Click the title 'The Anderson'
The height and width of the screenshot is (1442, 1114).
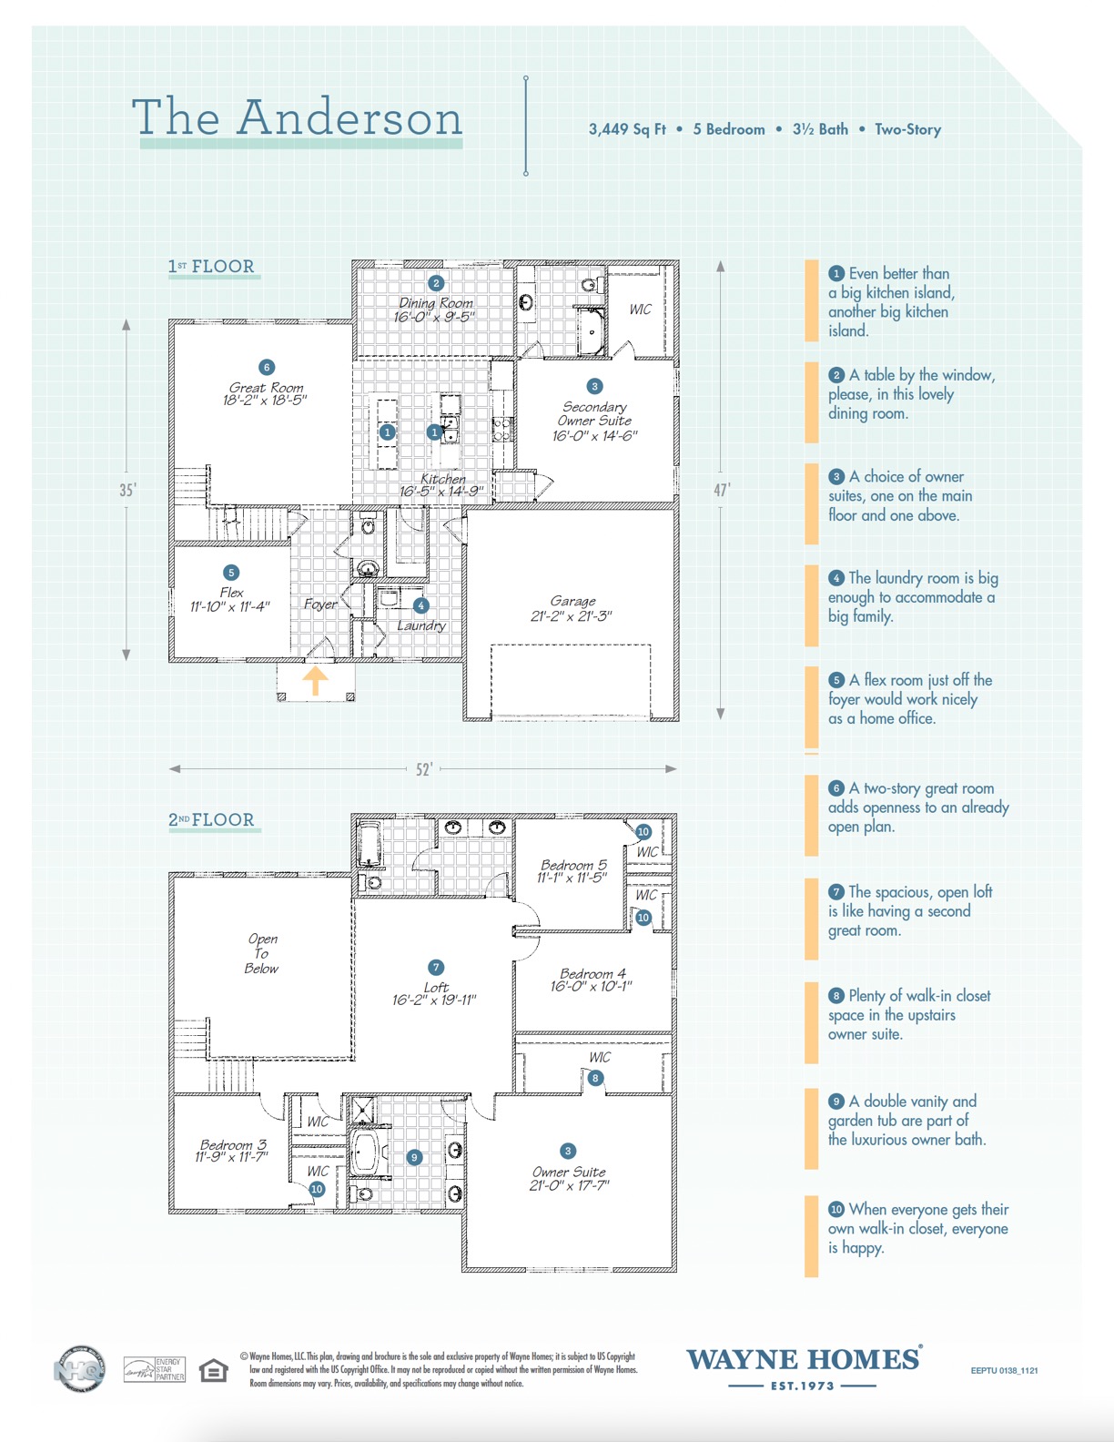point(298,118)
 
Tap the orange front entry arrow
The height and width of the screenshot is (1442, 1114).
point(315,680)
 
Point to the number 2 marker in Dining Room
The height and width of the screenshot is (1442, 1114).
point(436,283)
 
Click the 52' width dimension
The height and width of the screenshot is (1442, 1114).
point(424,769)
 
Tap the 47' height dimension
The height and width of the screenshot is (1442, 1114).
point(721,490)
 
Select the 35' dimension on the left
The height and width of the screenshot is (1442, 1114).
point(127,490)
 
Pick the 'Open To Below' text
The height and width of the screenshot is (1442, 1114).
point(262,953)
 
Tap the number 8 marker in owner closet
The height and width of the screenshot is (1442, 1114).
point(595,1078)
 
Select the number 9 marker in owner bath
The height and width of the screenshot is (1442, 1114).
point(414,1157)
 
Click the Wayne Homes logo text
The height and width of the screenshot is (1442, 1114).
point(803,1360)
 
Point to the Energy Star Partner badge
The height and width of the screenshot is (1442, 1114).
point(155,1369)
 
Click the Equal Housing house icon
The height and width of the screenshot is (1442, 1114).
point(214,1370)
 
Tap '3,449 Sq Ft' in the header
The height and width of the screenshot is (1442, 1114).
point(627,129)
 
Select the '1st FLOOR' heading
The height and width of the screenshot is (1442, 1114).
point(211,267)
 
